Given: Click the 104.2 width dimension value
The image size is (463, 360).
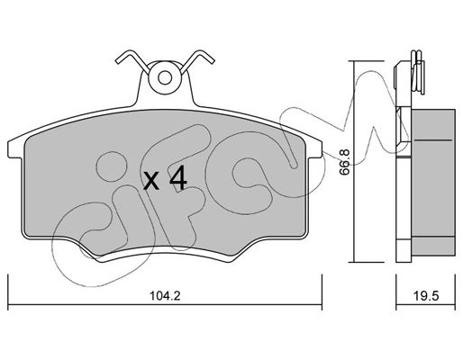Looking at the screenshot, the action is point(165,296).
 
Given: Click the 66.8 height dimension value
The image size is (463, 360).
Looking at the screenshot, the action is point(345,162).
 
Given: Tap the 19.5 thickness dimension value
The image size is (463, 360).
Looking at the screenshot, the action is point(426,296).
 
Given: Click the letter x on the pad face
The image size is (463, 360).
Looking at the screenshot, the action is point(151,182).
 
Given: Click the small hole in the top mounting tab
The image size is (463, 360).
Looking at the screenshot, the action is point(165,78).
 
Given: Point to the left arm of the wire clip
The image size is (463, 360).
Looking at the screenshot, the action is point(132,61).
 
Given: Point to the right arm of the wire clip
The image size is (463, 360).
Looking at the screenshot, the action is point(197,61).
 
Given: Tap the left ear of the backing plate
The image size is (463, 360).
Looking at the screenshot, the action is point(15,149).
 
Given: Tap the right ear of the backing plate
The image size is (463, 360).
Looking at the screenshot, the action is point(314,149).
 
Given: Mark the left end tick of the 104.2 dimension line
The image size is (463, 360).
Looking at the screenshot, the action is point(8,292).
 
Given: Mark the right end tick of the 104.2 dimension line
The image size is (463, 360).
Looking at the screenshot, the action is point(322,292).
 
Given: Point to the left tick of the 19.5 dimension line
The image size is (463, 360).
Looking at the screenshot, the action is point(396,292).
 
